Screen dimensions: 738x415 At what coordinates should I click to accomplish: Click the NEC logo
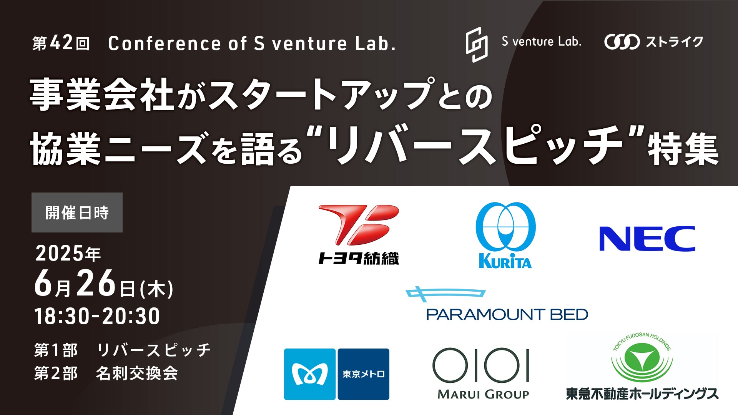647,239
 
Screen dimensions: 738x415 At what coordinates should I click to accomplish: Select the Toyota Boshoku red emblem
359,225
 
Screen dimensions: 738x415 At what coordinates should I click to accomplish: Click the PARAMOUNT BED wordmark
507,314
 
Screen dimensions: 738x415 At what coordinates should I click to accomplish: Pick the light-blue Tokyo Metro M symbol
310,374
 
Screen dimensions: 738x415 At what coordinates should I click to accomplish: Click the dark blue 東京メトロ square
364,374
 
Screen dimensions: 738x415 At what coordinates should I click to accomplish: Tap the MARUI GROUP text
483,394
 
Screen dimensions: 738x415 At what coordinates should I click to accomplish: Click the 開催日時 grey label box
77,212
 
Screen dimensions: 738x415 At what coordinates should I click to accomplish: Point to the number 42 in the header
61,43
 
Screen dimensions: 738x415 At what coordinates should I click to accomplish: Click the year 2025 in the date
60,254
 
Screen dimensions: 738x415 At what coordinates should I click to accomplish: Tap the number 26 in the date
96,284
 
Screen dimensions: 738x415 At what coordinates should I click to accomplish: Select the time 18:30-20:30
97,316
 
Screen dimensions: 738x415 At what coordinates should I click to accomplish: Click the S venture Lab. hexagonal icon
477,44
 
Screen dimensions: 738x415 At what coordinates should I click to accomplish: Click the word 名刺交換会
137,373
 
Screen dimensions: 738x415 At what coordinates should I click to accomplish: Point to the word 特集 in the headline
683,149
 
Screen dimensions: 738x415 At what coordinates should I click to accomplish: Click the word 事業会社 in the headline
102,95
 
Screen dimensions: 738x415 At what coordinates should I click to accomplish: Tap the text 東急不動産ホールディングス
642,393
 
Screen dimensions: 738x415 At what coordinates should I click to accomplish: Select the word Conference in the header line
165,43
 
